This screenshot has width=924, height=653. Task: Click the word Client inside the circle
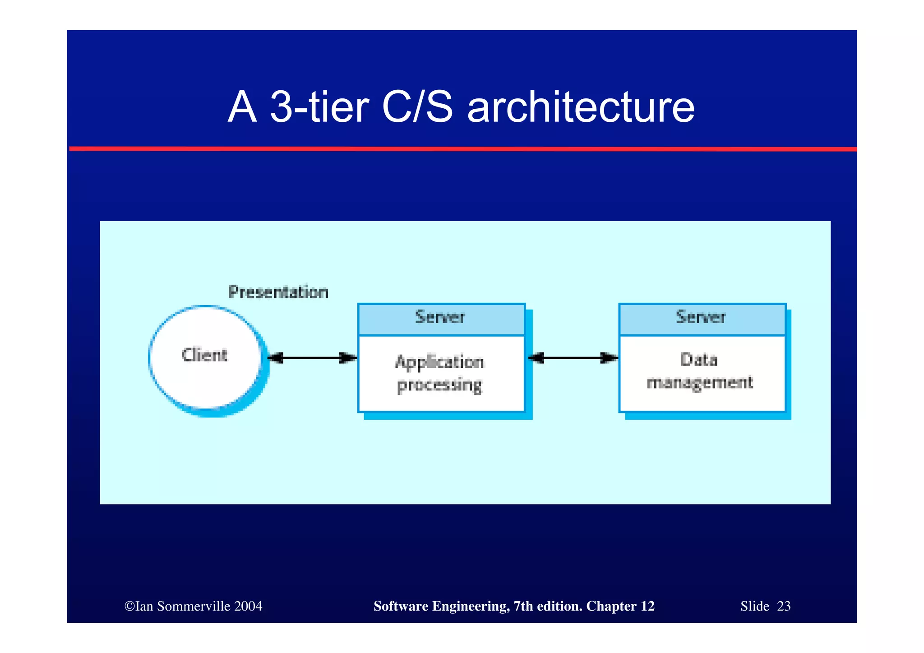[x=204, y=355]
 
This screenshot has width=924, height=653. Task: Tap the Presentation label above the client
[x=278, y=292]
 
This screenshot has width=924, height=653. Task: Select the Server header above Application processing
[x=440, y=317]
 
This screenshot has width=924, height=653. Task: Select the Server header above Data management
[x=701, y=317]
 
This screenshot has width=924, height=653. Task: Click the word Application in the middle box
[x=439, y=362]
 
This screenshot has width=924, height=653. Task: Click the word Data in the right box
[x=699, y=360]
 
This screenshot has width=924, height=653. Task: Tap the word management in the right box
[x=700, y=383]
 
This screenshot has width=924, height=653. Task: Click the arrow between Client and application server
[x=312, y=358]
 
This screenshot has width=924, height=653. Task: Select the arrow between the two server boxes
[x=573, y=358]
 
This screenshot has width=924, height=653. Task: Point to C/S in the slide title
[x=417, y=108]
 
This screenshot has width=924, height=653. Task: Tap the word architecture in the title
[x=581, y=108]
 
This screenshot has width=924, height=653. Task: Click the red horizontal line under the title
[x=462, y=148]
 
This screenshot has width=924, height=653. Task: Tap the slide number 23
[x=784, y=606]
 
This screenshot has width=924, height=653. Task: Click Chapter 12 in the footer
[x=620, y=606]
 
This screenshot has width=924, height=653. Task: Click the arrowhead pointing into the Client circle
[x=275, y=358]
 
